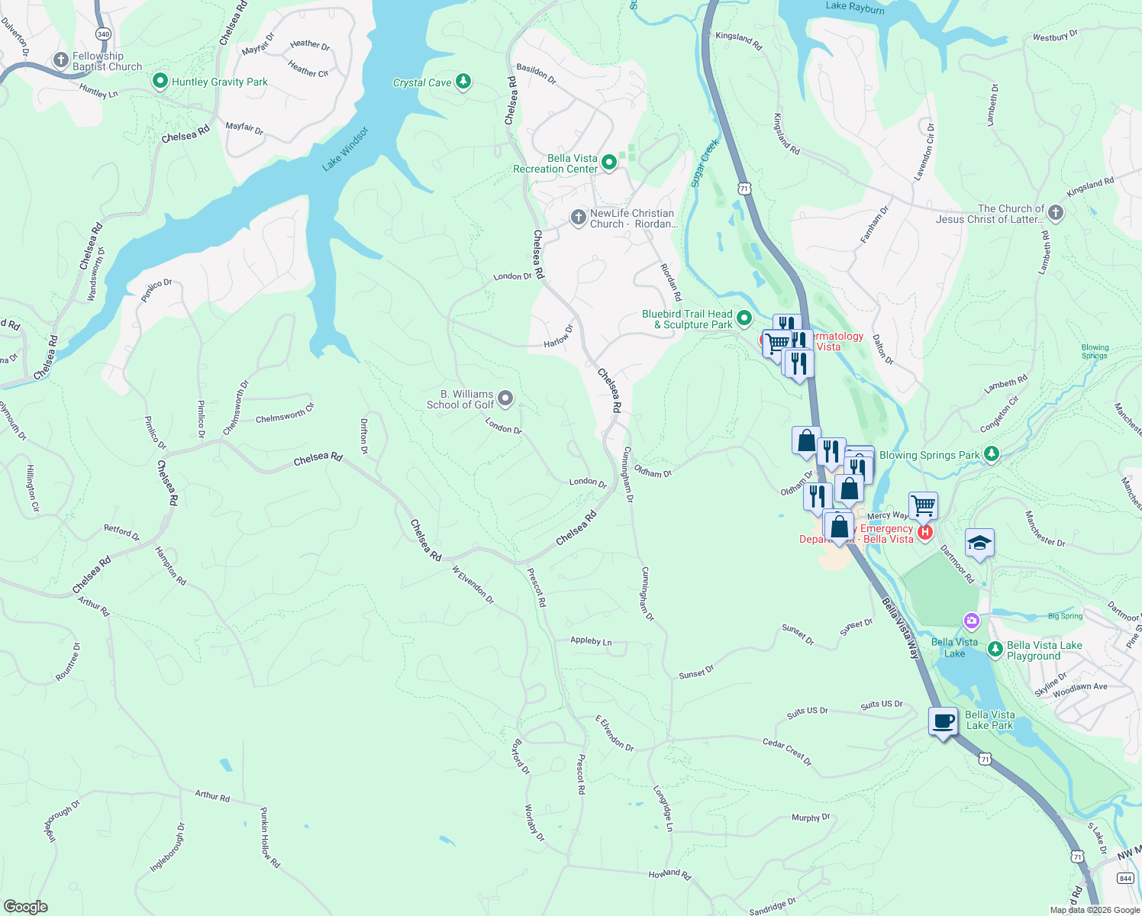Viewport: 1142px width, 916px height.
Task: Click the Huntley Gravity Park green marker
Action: (160, 81)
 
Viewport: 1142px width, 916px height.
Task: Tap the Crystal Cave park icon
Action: (463, 82)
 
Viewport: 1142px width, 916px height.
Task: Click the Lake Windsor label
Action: (345, 149)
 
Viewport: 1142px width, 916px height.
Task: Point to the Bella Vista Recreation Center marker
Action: (608, 163)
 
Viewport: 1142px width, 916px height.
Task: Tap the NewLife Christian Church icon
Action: (578, 218)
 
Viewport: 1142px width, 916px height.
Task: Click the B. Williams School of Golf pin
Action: (505, 398)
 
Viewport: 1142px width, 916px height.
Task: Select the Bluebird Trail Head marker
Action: (744, 318)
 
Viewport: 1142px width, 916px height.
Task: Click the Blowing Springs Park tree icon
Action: (991, 455)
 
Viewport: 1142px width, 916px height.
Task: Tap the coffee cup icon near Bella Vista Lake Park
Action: (944, 721)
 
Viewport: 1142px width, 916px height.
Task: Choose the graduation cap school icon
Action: (979, 543)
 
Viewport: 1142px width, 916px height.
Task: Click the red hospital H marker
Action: (924, 532)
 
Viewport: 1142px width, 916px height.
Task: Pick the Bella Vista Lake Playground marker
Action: (995, 650)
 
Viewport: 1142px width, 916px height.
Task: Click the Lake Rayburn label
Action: (855, 7)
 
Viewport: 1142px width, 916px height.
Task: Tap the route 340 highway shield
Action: (104, 34)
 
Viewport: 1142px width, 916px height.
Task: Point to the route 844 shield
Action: (1125, 879)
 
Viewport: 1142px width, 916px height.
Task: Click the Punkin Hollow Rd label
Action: (269, 837)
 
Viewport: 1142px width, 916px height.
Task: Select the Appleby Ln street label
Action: (591, 641)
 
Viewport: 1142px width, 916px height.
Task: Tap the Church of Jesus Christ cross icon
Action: (1055, 213)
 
